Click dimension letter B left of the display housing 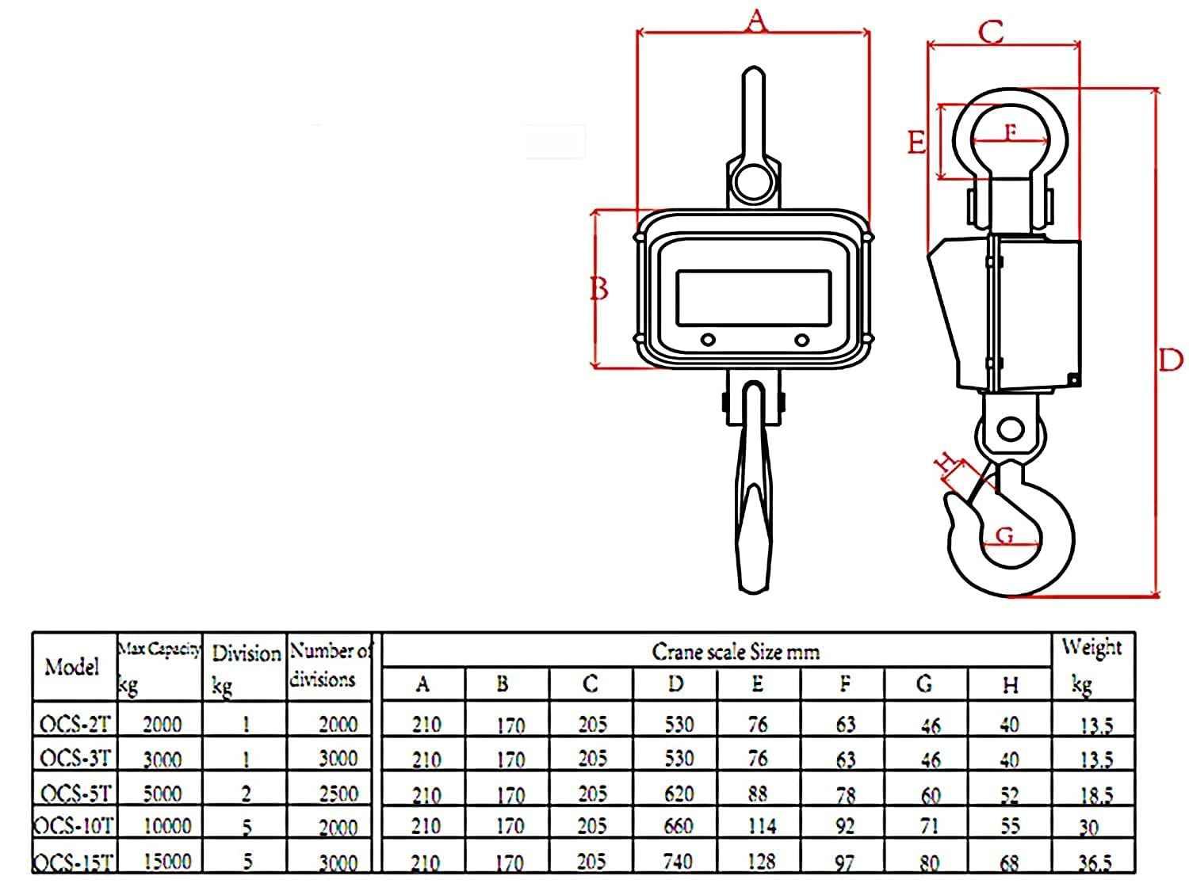pyautogui.click(x=600, y=289)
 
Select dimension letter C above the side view pyautogui.click(x=991, y=32)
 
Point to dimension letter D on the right pyautogui.click(x=1170, y=360)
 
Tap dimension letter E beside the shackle pyautogui.click(x=916, y=143)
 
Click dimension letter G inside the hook pyautogui.click(x=1004, y=535)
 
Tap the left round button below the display pyautogui.click(x=708, y=341)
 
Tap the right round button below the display pyautogui.click(x=802, y=341)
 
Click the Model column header pyautogui.click(x=72, y=666)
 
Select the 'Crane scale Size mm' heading pyautogui.click(x=735, y=652)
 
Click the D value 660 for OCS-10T pyautogui.click(x=678, y=827)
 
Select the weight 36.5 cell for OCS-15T pyautogui.click(x=1094, y=862)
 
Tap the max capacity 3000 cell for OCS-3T pyautogui.click(x=162, y=760)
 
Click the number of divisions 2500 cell pyautogui.click(x=338, y=793)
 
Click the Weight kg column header pyautogui.click(x=1092, y=664)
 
